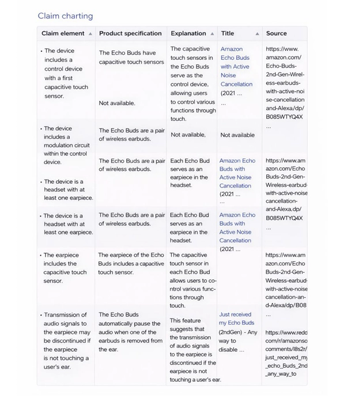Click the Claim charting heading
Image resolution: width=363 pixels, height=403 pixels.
[65, 16]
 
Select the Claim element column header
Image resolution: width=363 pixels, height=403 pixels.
[63, 33]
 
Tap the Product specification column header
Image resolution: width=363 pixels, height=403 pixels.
[130, 33]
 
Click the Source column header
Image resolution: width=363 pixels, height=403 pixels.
[276, 33]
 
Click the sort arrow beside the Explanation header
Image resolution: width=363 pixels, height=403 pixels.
[212, 34]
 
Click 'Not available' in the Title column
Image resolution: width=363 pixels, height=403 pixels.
[237, 135]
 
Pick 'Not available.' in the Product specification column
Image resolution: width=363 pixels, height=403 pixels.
[117, 103]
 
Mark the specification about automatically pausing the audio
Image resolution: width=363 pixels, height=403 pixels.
[130, 332]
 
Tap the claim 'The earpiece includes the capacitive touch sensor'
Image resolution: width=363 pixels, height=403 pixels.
[65, 268]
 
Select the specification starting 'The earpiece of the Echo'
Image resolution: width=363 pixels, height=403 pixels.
[131, 264]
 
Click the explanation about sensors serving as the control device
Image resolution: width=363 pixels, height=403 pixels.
[192, 83]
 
